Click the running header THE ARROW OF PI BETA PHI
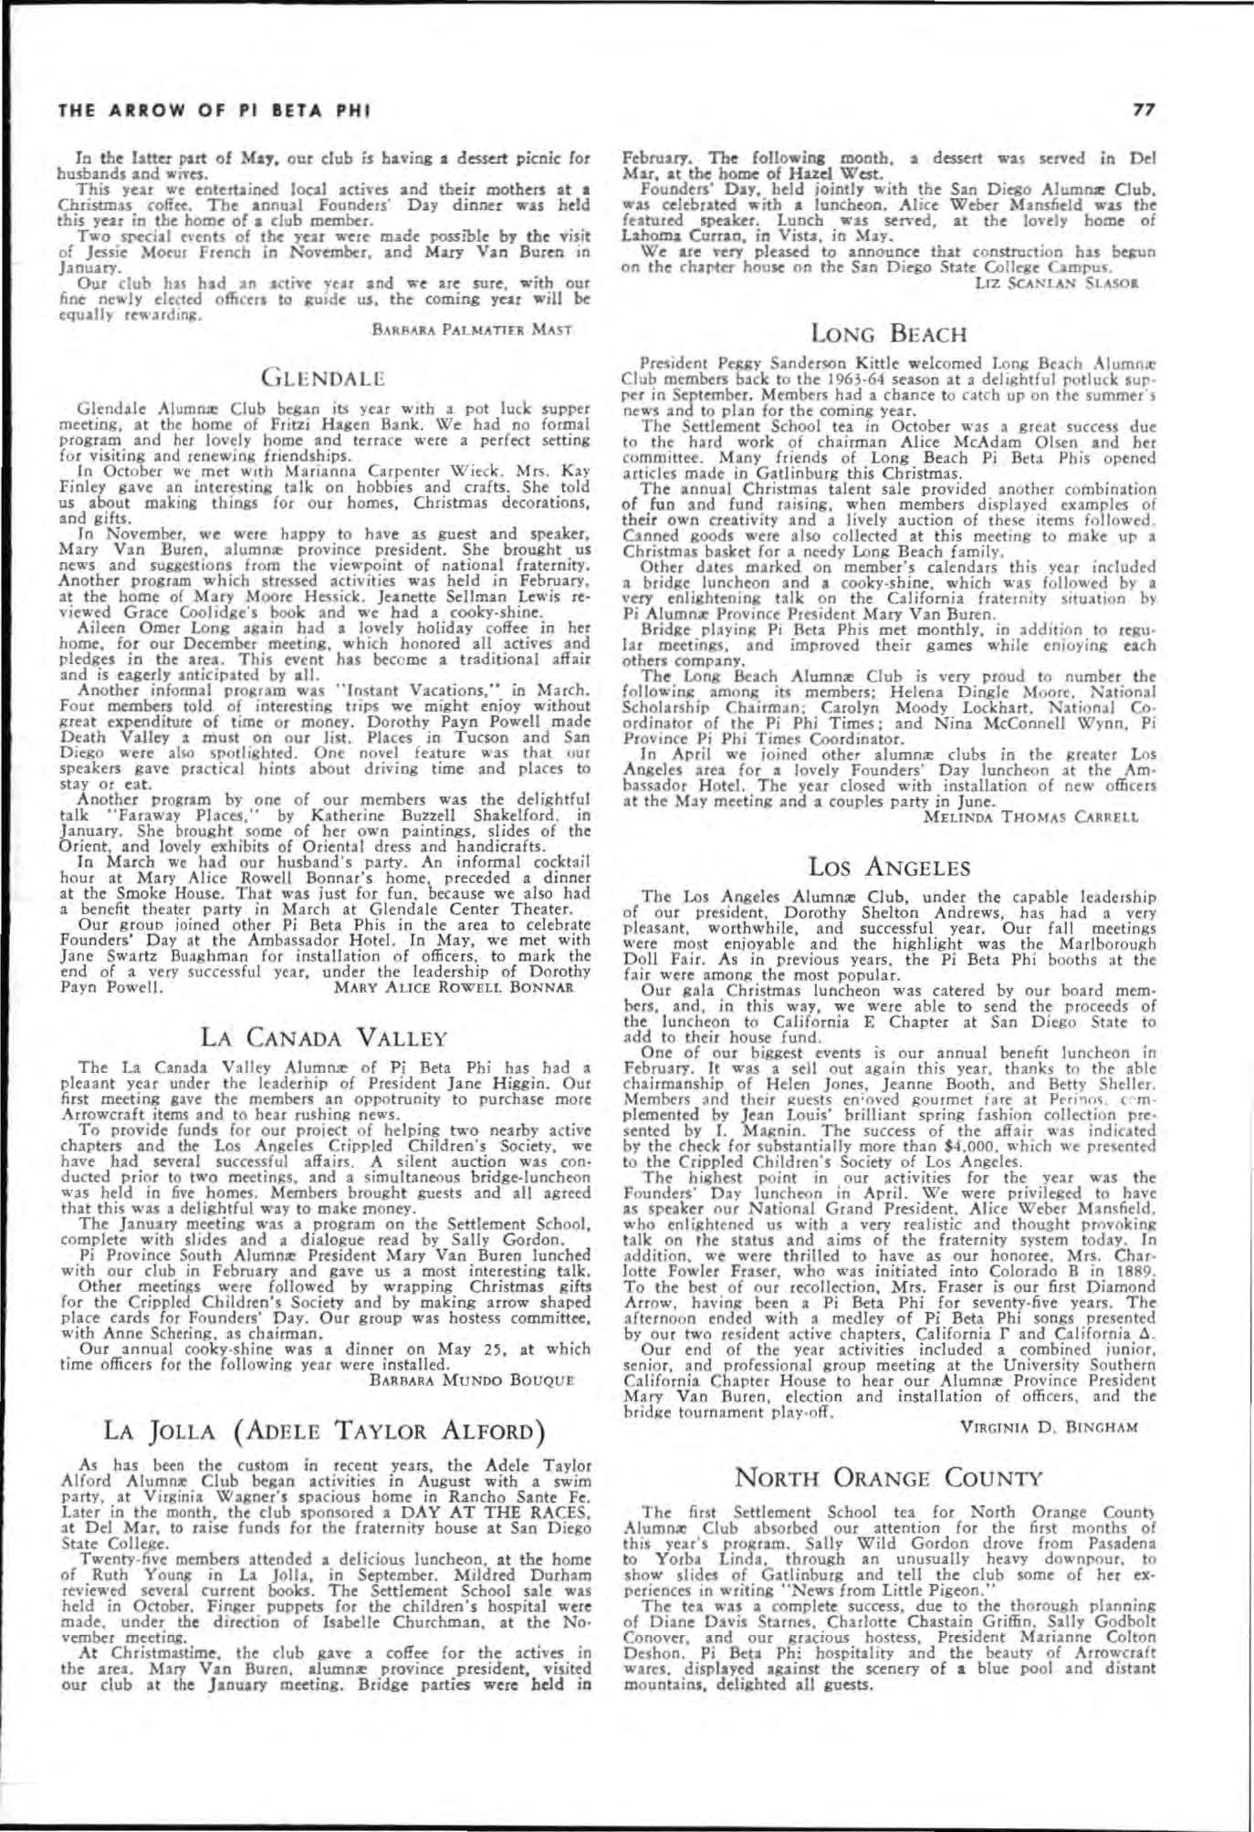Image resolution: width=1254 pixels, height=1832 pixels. pos(213,112)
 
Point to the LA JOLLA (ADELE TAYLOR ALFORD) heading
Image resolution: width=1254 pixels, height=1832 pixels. pos(325,1430)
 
